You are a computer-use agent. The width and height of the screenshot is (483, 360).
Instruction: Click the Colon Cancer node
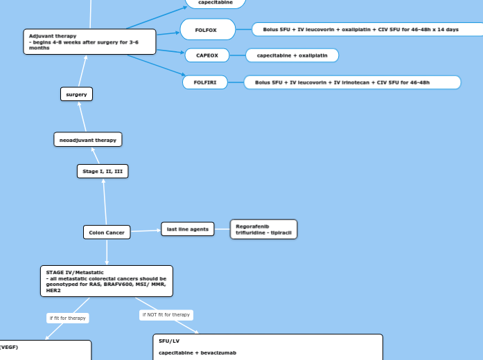coord(107,233)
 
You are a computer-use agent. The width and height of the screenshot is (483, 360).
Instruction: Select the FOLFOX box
coord(207,30)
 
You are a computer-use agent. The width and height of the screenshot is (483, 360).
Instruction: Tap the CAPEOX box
coord(207,55)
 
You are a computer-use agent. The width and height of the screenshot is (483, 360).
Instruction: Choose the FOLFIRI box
coord(205,82)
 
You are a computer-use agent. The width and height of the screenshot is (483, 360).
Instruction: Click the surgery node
coord(76,94)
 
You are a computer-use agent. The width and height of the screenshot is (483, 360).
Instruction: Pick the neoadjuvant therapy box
coord(88,140)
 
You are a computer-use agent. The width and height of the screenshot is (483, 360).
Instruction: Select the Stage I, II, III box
coord(103,171)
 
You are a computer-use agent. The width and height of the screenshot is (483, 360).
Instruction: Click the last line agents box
coord(188,229)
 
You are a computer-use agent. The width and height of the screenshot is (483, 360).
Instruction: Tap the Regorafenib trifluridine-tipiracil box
coord(263,229)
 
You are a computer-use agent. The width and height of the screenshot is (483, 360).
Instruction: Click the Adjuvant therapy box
coord(89,42)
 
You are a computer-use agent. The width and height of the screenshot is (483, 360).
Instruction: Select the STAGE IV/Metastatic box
coord(107,281)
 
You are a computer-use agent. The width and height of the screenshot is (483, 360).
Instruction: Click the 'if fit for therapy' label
coord(67,318)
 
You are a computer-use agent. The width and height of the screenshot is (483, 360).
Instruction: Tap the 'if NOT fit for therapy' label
coord(166,315)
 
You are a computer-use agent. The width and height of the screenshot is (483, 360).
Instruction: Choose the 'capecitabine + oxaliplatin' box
coord(292,55)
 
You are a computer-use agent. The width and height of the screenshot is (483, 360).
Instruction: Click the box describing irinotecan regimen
coord(352,82)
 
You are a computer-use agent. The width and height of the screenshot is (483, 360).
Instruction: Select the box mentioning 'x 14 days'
coord(367,30)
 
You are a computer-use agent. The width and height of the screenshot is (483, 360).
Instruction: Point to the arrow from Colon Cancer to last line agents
coord(146,231)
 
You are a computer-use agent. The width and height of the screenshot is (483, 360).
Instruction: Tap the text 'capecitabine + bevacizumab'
coord(197,353)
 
